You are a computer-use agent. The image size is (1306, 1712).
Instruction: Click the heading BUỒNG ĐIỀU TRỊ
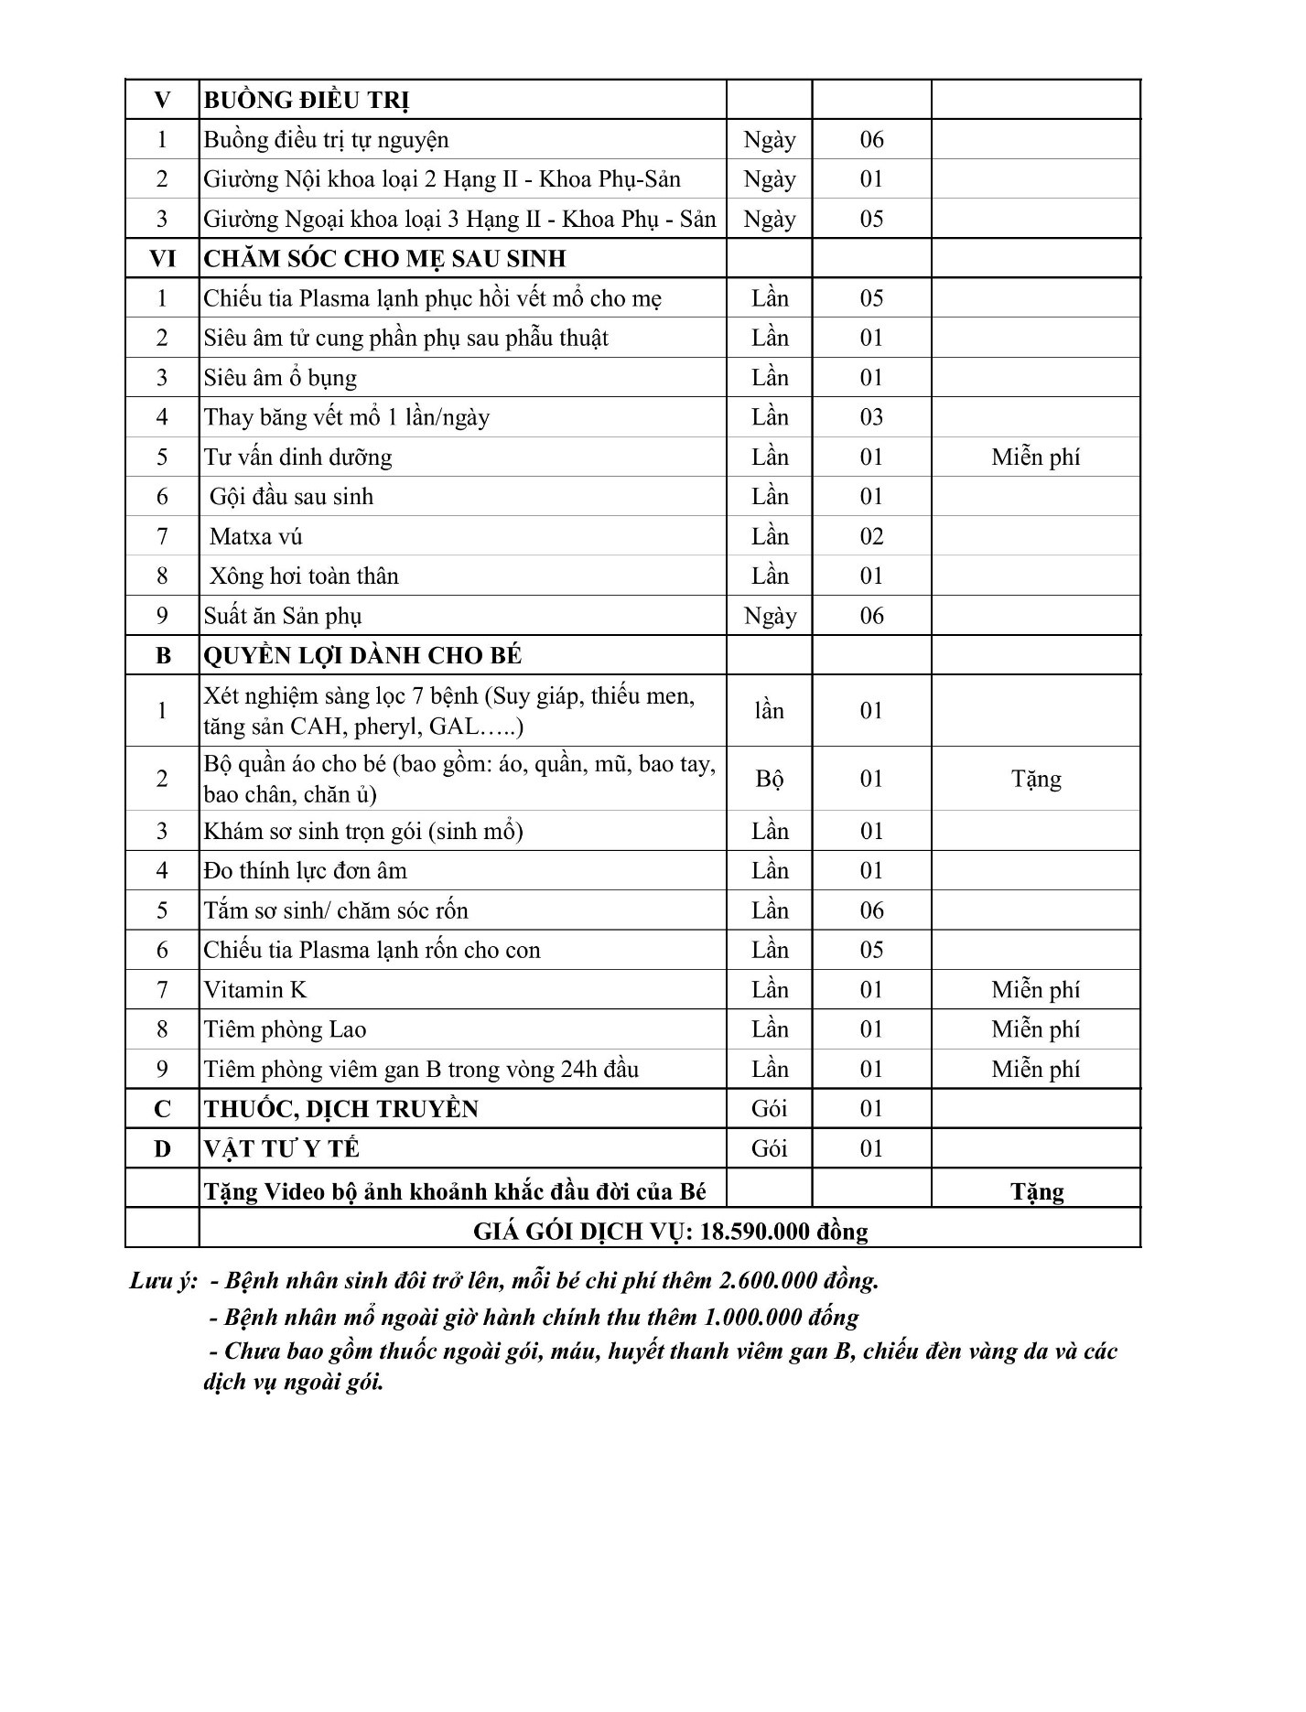pyautogui.click(x=306, y=100)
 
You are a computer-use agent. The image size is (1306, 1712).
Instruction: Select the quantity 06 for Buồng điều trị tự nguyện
pyautogui.click(x=871, y=139)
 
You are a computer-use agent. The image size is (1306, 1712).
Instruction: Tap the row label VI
pyautogui.click(x=162, y=259)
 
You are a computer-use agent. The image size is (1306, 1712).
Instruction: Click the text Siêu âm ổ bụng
pyautogui.click(x=280, y=378)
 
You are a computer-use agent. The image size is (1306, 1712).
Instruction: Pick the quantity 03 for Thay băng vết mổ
pyautogui.click(x=871, y=417)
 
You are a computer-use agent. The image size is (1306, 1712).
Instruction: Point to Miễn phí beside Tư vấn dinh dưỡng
pyautogui.click(x=1035, y=457)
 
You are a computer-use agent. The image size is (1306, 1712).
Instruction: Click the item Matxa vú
pyautogui.click(x=255, y=536)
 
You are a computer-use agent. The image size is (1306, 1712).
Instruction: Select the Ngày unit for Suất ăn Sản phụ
pyautogui.click(x=770, y=616)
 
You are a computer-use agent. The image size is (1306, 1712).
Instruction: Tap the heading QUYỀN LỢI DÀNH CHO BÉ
pyautogui.click(x=362, y=655)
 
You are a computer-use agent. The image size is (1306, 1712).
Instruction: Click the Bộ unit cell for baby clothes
pyautogui.click(x=770, y=779)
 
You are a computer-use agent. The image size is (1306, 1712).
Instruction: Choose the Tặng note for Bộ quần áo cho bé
pyautogui.click(x=1036, y=779)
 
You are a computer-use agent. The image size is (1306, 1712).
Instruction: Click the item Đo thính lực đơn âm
pyautogui.click(x=305, y=870)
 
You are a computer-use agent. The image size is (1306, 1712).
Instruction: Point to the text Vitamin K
pyautogui.click(x=255, y=989)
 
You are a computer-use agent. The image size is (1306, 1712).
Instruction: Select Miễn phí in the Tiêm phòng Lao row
pyautogui.click(x=1035, y=1029)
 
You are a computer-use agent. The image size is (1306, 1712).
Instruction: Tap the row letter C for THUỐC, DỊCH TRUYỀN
pyautogui.click(x=162, y=1109)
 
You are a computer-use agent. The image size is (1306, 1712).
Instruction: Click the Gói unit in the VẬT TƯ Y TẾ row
pyautogui.click(x=770, y=1148)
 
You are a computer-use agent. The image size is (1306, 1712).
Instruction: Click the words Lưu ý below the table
pyautogui.click(x=163, y=1280)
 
